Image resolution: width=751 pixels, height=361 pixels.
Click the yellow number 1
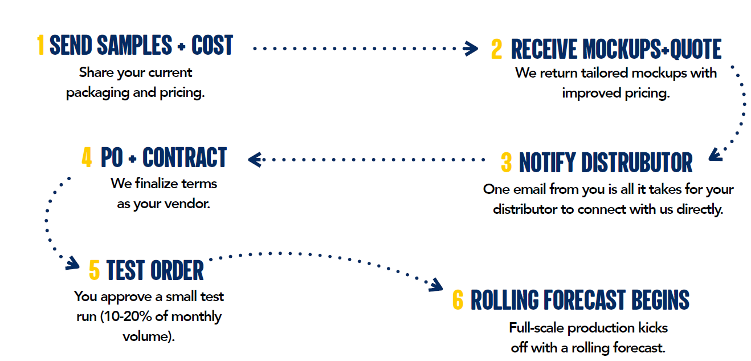40,45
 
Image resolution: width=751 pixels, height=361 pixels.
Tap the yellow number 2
496,49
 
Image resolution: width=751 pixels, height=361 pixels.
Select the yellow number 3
506,163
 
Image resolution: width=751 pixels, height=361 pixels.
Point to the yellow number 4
87,157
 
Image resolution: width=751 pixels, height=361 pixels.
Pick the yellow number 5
94,270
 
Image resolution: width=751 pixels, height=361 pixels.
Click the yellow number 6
458,299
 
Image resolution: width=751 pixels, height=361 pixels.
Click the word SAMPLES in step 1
134,45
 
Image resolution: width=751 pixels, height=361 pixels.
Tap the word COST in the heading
212,45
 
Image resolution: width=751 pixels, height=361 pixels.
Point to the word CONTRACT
185,157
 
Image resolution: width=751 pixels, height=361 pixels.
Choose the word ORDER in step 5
177,270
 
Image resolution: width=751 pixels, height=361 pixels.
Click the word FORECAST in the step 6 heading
585,299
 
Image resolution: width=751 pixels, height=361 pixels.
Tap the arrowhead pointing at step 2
471,48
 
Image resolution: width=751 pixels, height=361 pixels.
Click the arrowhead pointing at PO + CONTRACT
255,160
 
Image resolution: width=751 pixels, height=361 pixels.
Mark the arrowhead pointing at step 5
72,263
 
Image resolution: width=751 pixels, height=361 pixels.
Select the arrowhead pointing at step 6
436,285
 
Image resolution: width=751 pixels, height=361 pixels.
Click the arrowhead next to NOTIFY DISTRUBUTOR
716,155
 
